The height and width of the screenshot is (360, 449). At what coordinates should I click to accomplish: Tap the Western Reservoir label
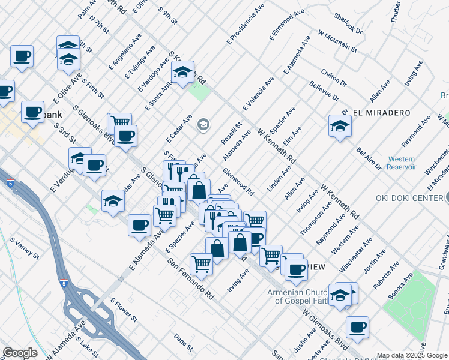401,163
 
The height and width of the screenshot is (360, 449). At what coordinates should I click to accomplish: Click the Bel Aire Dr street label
369,158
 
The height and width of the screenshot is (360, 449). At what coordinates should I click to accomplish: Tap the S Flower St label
124,308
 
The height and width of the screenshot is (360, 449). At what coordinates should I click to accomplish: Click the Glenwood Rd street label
239,182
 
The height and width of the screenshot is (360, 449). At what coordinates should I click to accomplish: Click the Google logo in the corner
20,353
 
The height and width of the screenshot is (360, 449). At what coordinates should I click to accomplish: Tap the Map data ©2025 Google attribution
411,355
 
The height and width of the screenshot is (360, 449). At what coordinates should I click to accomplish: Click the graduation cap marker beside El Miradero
340,127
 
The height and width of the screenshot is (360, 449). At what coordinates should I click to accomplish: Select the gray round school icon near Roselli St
203,125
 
